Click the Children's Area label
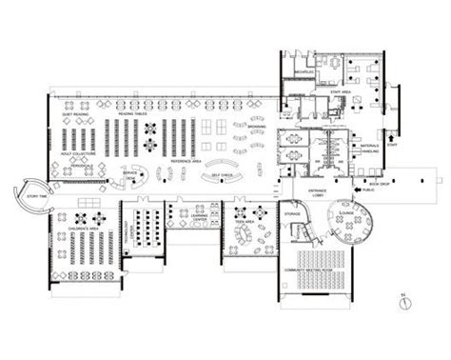[x=86, y=231]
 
